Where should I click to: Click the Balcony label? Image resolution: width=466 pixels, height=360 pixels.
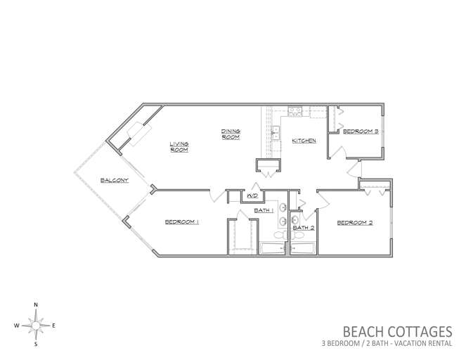pos(115,180)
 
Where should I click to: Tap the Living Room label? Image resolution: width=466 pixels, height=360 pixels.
pos(179,147)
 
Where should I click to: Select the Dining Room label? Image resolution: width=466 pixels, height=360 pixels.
pos(231,134)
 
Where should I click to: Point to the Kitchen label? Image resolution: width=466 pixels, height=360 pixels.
pos(304,141)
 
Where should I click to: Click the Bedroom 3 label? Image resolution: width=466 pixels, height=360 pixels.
pos(361,131)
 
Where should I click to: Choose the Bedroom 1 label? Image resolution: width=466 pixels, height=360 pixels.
pos(181,221)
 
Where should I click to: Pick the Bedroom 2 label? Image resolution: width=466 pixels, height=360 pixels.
pos(355,223)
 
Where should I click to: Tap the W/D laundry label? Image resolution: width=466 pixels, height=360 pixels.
pos(252,196)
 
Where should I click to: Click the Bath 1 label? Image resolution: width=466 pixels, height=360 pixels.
pos(264,210)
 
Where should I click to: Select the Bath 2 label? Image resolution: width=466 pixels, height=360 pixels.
pos(304,228)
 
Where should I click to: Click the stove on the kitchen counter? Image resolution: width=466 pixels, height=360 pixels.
pos(295,112)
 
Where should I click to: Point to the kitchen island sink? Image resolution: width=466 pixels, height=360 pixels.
pos(276,133)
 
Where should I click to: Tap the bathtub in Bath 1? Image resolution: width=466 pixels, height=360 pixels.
pos(272,248)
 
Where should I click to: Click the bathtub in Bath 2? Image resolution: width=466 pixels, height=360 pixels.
pos(302,248)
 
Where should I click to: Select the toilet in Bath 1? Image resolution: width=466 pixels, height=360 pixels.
pos(280,235)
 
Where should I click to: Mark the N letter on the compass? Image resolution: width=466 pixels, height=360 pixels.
pos(36,304)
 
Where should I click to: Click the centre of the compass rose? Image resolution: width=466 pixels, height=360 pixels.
pos(36,326)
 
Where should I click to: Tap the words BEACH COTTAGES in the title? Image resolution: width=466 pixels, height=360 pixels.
pos(397,332)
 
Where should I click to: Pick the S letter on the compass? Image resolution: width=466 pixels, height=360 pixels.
pos(36,345)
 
